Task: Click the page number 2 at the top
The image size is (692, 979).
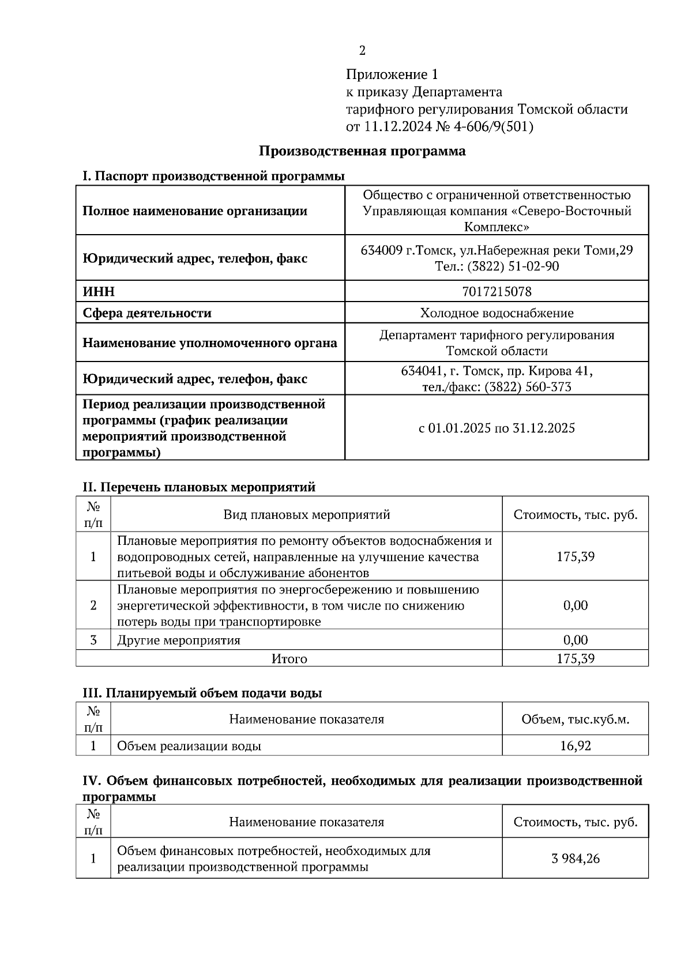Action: tap(362, 51)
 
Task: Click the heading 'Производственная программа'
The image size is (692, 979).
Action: tap(362, 152)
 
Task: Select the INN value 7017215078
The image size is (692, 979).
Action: tap(497, 292)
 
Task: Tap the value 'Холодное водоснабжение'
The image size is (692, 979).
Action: tap(497, 313)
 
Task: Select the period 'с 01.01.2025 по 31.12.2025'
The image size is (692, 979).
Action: tap(497, 428)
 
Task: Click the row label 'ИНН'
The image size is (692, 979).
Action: tap(99, 292)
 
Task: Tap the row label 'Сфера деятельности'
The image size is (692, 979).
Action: tap(147, 313)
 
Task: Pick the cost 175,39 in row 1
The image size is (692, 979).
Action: tap(575, 557)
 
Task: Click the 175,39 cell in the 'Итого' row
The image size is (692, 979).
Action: tap(575, 658)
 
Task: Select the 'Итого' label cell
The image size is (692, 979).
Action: tap(289, 658)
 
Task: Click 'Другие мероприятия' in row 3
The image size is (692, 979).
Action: tap(179, 640)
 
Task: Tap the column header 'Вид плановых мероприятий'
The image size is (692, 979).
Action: tap(307, 514)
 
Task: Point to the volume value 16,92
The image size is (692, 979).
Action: tap(575, 746)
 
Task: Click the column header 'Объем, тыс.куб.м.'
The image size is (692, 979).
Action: tap(575, 720)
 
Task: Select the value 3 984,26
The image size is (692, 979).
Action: tap(575, 858)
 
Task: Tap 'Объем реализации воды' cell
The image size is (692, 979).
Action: tap(189, 746)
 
